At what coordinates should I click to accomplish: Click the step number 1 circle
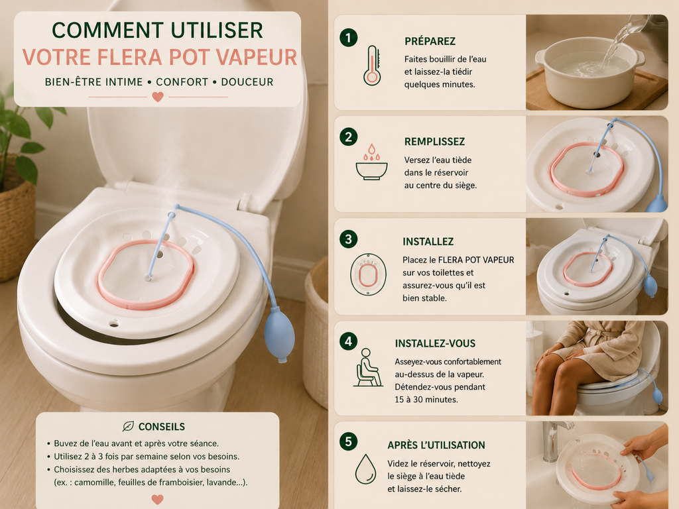point(348,38)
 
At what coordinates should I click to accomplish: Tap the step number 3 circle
point(348,239)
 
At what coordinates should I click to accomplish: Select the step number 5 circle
point(348,441)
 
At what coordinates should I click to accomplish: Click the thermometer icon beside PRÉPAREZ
point(372,66)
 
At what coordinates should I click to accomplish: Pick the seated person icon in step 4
point(368,367)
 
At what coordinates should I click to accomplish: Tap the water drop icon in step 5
point(365,469)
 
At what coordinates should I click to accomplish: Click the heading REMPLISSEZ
point(434,142)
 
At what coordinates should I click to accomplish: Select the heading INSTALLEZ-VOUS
point(435,344)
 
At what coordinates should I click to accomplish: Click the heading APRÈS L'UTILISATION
point(436,445)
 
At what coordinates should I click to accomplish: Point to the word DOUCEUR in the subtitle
point(247,82)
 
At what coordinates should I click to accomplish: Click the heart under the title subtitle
point(158,97)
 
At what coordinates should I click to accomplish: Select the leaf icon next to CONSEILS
point(128,426)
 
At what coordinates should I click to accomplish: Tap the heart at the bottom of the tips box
point(158,500)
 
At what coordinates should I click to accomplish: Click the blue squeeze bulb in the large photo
point(279,336)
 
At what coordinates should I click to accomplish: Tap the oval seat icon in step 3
point(368,274)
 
